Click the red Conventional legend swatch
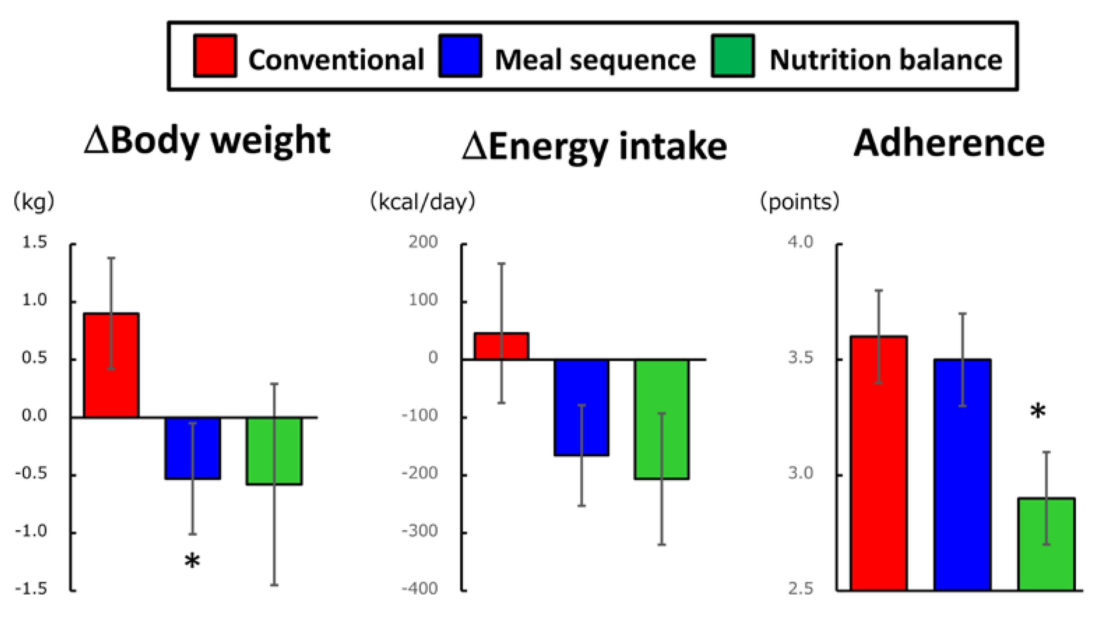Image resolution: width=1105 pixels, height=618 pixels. (x=215, y=56)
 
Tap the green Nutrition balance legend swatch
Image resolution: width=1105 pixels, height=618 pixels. (x=733, y=56)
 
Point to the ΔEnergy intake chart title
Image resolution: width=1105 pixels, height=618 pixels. (x=595, y=147)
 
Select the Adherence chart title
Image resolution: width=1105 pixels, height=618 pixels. (x=949, y=143)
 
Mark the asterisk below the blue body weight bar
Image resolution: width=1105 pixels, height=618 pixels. (x=192, y=561)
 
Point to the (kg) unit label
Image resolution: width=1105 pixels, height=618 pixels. (x=34, y=201)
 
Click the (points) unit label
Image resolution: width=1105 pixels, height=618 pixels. (x=799, y=201)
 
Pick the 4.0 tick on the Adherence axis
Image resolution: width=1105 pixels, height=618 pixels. (x=801, y=242)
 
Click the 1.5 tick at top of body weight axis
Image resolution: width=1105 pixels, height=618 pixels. (x=34, y=243)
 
